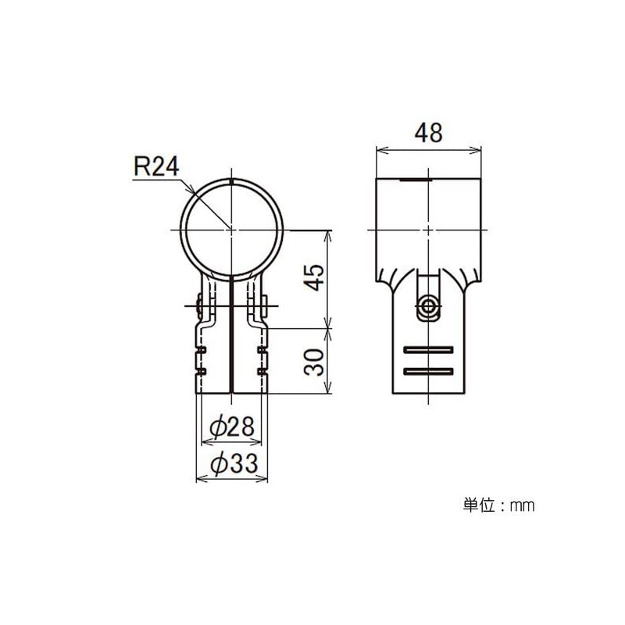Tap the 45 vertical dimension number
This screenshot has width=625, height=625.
tap(313, 278)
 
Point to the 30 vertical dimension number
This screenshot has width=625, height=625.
tap(313, 362)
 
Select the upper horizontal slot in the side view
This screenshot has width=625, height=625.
tap(429, 348)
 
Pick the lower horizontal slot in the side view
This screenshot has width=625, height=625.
tap(429, 368)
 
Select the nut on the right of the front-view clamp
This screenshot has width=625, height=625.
tap(264, 305)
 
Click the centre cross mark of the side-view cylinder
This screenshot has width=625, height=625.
tap(428, 230)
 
